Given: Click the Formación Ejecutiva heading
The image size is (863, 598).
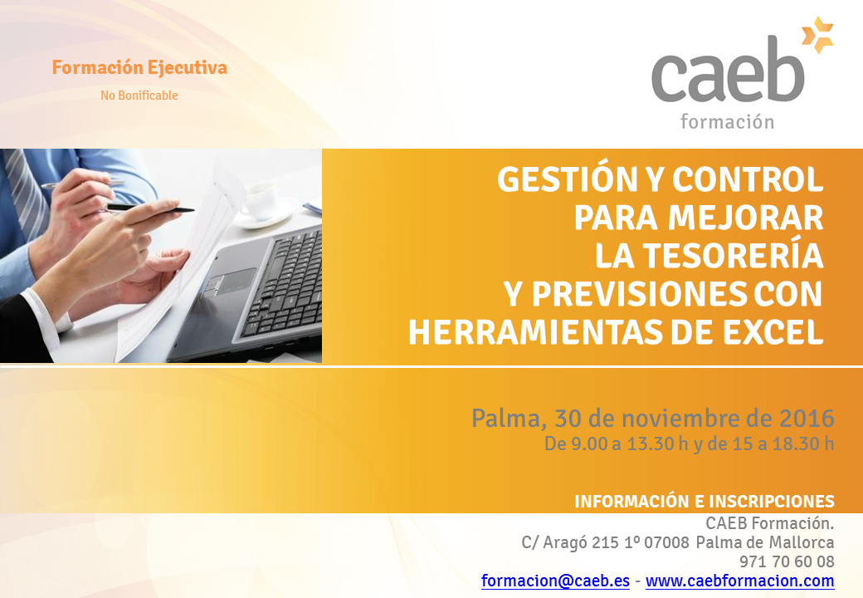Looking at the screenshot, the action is tap(139, 67).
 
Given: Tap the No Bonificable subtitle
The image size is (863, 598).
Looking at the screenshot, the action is tap(139, 96).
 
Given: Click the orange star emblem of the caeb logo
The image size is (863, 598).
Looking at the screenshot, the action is tap(818, 35).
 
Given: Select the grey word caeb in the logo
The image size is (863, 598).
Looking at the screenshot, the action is tap(728, 70).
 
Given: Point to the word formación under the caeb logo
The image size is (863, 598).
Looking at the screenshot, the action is tap(727, 121).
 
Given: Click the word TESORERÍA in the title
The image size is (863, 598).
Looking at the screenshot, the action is tap(733, 256).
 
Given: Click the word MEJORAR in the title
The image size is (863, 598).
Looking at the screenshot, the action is tap(746, 218).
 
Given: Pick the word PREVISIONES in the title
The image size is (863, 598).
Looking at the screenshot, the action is tap(638, 294).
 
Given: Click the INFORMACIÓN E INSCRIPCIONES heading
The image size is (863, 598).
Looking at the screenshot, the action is tap(705, 501).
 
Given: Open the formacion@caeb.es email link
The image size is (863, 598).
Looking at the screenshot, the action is tap(555, 581).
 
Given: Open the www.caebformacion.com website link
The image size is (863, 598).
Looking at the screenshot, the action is tap(739, 581).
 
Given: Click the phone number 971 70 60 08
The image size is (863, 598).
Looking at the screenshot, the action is tap(787, 561).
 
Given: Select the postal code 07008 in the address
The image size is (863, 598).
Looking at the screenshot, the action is tap(666, 542).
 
